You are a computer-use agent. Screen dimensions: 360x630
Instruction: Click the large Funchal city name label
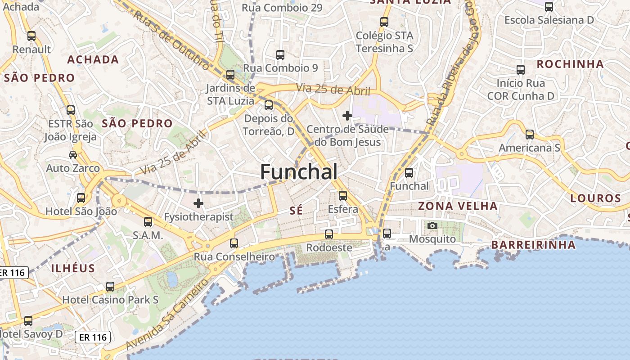(x=299, y=172)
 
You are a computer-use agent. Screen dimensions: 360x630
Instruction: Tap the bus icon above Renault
(x=31, y=36)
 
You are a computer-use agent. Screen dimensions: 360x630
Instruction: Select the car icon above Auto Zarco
(x=73, y=155)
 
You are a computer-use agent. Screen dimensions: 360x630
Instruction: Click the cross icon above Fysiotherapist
(x=198, y=203)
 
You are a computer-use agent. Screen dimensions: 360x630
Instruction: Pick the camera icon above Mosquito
(x=432, y=225)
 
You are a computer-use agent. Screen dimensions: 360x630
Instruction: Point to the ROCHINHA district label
(x=570, y=64)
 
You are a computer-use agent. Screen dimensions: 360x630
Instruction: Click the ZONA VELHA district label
(x=458, y=206)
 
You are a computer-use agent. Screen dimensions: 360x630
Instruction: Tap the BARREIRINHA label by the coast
(x=533, y=245)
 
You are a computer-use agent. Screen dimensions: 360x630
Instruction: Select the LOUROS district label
(x=595, y=198)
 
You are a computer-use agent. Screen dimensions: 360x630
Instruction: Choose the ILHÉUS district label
(x=73, y=269)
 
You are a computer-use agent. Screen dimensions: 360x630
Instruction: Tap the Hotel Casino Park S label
(x=110, y=300)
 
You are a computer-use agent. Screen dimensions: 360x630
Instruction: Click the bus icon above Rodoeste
(x=329, y=234)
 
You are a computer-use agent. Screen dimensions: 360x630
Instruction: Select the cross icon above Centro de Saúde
(x=347, y=116)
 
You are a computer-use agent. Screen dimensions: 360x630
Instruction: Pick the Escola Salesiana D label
(x=549, y=20)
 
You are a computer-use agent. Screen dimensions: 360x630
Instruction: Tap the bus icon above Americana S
(x=530, y=135)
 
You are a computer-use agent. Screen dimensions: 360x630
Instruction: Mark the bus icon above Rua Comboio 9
(x=280, y=55)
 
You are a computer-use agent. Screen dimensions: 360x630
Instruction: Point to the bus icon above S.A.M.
(x=148, y=222)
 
